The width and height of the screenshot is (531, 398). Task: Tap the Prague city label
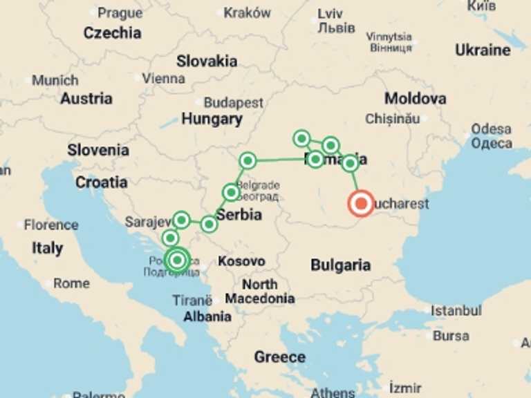pyautogui.click(x=120, y=13)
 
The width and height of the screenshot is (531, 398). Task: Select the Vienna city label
pyautogui.click(x=163, y=78)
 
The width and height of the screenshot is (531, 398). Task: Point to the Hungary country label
pyautogui.click(x=212, y=119)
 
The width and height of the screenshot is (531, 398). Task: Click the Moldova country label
pyautogui.click(x=415, y=98)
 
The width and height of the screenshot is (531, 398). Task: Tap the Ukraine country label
pyautogui.click(x=483, y=50)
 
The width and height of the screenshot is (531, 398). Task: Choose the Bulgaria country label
pyautogui.click(x=340, y=265)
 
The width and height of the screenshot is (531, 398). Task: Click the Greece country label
pyautogui.click(x=279, y=357)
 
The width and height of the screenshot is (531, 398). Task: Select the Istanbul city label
pyautogui.click(x=456, y=310)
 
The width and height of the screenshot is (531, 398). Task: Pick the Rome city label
pyautogui.click(x=71, y=283)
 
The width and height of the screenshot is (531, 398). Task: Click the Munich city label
pyautogui.click(x=55, y=80)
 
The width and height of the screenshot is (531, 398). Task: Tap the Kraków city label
pyautogui.click(x=247, y=13)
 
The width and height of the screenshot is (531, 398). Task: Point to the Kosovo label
pyautogui.click(x=241, y=261)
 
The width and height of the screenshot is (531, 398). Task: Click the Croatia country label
pyautogui.click(x=101, y=182)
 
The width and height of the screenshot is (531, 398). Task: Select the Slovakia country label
pyautogui.click(x=207, y=61)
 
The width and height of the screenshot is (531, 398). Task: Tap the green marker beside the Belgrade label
pyautogui.click(x=231, y=192)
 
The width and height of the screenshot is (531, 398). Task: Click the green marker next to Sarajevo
pyautogui.click(x=181, y=220)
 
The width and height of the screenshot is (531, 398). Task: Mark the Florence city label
pyautogui.click(x=50, y=225)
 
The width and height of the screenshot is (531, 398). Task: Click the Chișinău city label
pyautogui.click(x=392, y=118)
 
